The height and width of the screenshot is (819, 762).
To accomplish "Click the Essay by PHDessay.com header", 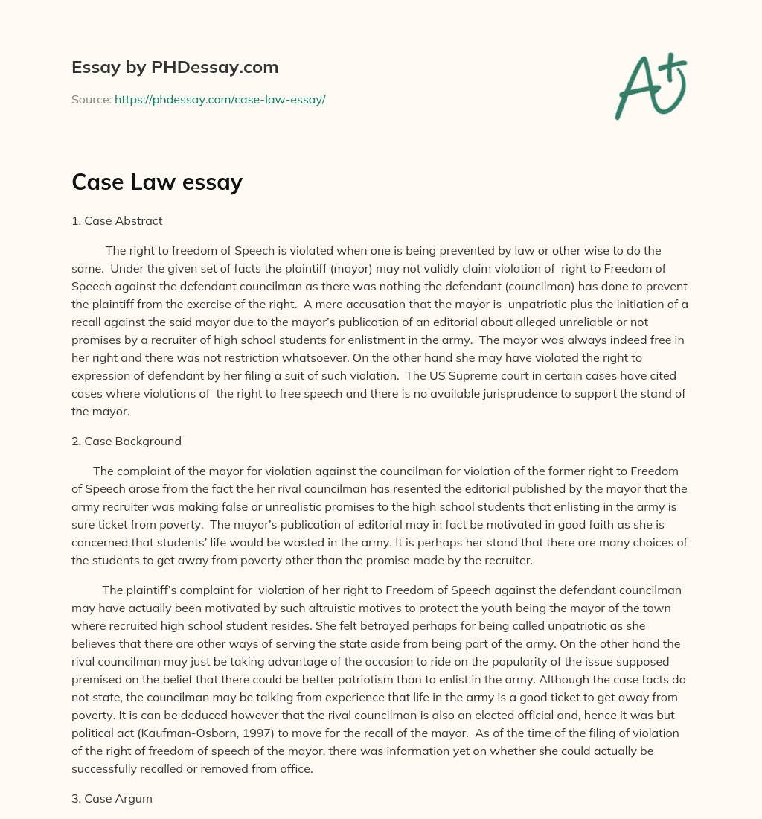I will click(x=175, y=68).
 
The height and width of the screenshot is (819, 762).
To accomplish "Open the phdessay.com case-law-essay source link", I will click(x=220, y=99).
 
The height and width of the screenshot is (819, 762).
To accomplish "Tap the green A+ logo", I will click(x=650, y=86).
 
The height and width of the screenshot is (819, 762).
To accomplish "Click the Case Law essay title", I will click(x=157, y=182).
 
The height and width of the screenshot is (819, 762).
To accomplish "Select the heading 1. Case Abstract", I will click(x=117, y=220).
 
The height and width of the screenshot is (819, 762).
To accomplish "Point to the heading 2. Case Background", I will click(x=127, y=441).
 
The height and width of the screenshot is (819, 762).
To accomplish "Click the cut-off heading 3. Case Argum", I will click(x=112, y=798).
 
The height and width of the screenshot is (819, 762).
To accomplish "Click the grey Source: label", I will click(x=91, y=99).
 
